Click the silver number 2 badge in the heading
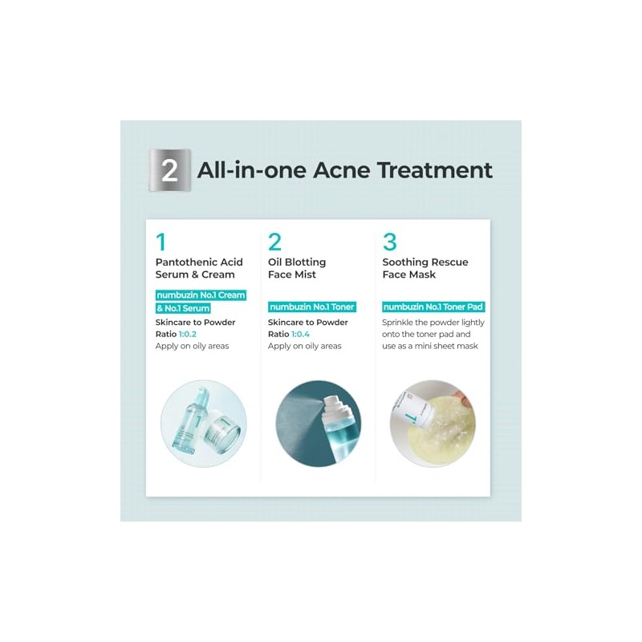(x=169, y=170)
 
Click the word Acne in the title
(x=342, y=170)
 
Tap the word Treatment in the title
(x=435, y=170)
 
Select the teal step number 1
(x=161, y=242)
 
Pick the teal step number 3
(x=390, y=242)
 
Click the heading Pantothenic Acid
(x=199, y=262)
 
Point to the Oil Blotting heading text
(x=297, y=262)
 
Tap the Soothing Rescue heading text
(x=425, y=262)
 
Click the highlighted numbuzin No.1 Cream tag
(x=201, y=295)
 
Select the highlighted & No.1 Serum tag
(x=183, y=308)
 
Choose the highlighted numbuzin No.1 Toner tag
(x=312, y=307)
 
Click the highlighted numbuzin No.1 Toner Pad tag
(x=433, y=307)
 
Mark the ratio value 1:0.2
(x=188, y=334)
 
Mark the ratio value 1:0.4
(x=300, y=334)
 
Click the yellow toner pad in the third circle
(x=442, y=430)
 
